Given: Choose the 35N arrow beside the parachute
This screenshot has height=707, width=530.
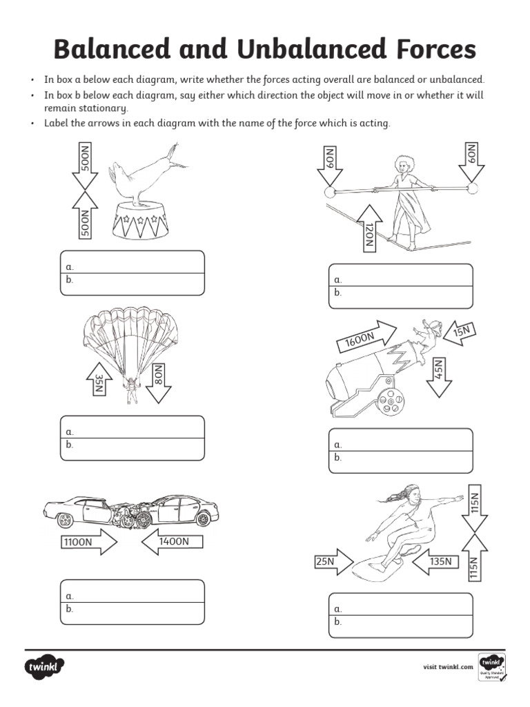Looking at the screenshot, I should [x=99, y=381].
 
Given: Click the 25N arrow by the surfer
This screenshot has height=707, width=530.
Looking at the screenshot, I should [x=334, y=562].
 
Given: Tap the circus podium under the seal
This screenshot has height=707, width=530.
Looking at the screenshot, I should [x=139, y=220].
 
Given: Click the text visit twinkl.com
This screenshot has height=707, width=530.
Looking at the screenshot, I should [x=448, y=667].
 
